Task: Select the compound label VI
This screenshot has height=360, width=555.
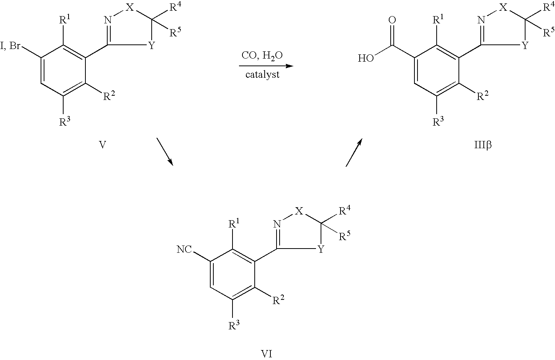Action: pyautogui.click(x=267, y=353)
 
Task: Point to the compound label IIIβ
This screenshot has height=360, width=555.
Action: pyautogui.click(x=482, y=146)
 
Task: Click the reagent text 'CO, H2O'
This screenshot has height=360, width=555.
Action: pyautogui.click(x=262, y=56)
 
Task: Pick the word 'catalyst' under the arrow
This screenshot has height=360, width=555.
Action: pyautogui.click(x=262, y=74)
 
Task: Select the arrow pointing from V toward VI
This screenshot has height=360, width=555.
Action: pyautogui.click(x=165, y=152)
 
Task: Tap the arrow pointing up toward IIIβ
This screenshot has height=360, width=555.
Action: pyautogui.click(x=353, y=153)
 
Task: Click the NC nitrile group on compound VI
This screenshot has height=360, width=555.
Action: pyautogui.click(x=184, y=250)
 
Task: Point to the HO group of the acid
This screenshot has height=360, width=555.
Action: pyautogui.click(x=365, y=59)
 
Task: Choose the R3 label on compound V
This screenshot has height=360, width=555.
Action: pyautogui.click(x=64, y=122)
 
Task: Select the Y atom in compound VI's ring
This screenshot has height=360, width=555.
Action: pyautogui.click(x=321, y=250)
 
